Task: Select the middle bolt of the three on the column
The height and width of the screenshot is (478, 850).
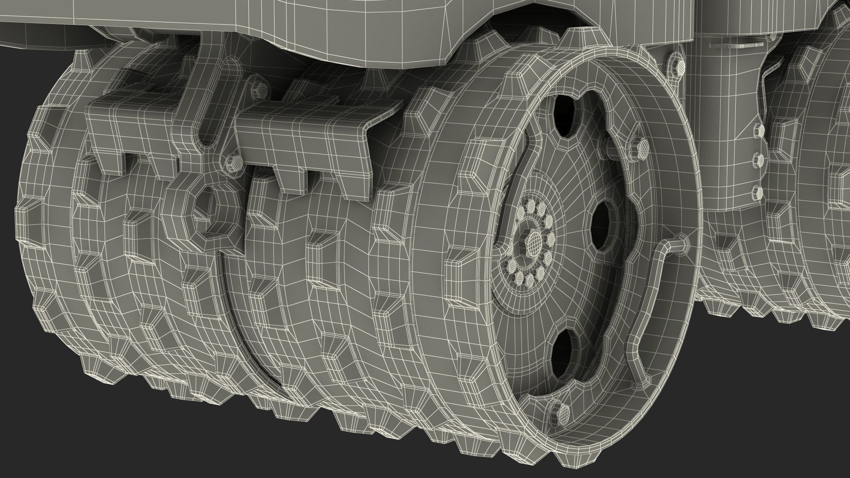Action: point(759,160)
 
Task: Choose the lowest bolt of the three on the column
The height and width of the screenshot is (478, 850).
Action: point(758,191)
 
